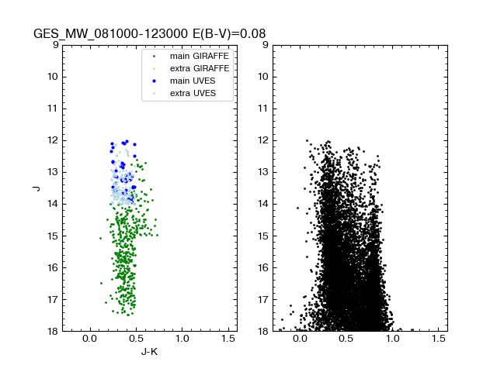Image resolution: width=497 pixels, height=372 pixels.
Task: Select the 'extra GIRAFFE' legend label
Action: (x=200, y=69)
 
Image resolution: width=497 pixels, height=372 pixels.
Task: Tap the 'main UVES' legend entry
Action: (x=194, y=81)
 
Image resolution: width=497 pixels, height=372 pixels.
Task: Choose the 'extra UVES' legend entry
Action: (x=195, y=94)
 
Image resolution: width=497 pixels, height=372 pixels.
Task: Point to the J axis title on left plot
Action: (x=36, y=188)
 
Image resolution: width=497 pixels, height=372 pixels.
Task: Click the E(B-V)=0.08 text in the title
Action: (x=231, y=34)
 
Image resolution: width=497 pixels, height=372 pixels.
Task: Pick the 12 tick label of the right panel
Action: (x=262, y=140)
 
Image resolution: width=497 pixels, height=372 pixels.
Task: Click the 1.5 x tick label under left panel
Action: (x=229, y=339)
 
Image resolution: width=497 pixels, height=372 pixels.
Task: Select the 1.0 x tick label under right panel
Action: (x=392, y=339)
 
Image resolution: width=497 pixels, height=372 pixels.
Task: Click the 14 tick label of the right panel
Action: (x=262, y=204)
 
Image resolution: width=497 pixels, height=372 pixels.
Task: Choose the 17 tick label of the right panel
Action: (x=262, y=300)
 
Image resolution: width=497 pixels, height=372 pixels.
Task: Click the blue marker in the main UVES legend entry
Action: (x=154, y=81)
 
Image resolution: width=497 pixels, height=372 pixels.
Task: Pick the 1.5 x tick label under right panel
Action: (x=439, y=339)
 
